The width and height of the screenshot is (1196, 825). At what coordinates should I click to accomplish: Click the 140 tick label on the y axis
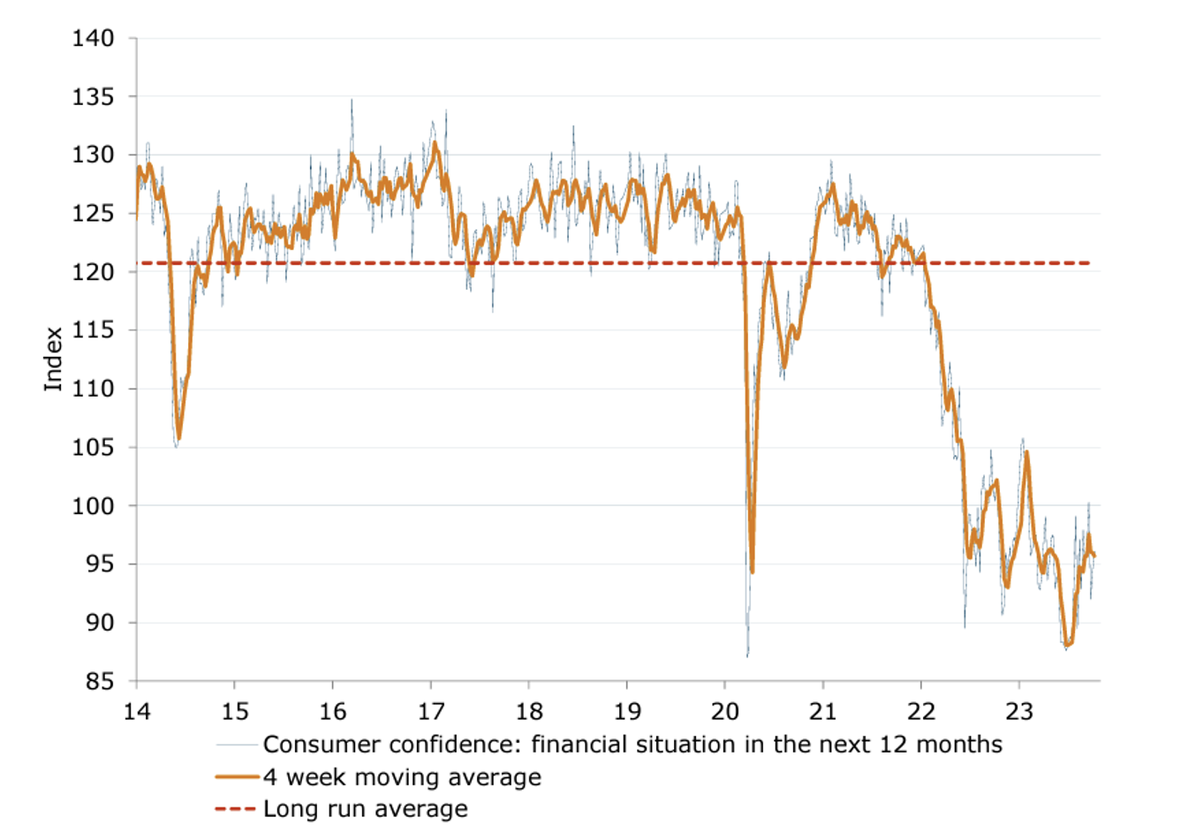tap(93, 38)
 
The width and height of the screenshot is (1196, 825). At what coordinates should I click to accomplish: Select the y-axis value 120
tap(93, 272)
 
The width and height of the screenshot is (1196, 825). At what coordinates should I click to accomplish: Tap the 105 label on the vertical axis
tap(93, 447)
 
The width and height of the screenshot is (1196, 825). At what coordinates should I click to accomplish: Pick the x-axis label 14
tap(137, 712)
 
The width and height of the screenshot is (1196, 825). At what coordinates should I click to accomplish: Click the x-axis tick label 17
tap(431, 712)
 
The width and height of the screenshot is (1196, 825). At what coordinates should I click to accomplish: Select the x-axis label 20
tap(725, 712)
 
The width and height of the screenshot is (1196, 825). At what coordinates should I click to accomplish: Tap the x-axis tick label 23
tap(1019, 712)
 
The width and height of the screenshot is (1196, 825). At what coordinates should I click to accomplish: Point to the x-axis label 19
tap(627, 712)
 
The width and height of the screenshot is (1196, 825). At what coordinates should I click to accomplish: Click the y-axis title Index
tap(54, 359)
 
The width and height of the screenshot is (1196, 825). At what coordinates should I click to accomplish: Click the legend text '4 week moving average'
tap(402, 777)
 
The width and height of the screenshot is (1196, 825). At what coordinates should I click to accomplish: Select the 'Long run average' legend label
tap(366, 809)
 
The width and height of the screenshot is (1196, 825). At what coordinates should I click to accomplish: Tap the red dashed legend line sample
tap(236, 809)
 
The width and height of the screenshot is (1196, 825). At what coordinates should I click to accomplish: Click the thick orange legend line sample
tap(238, 777)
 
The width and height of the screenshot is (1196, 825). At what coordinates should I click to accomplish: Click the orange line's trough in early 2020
tap(752, 571)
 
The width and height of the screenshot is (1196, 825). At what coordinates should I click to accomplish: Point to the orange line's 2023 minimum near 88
tap(1068, 645)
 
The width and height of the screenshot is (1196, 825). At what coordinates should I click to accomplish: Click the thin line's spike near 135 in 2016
tap(352, 100)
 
